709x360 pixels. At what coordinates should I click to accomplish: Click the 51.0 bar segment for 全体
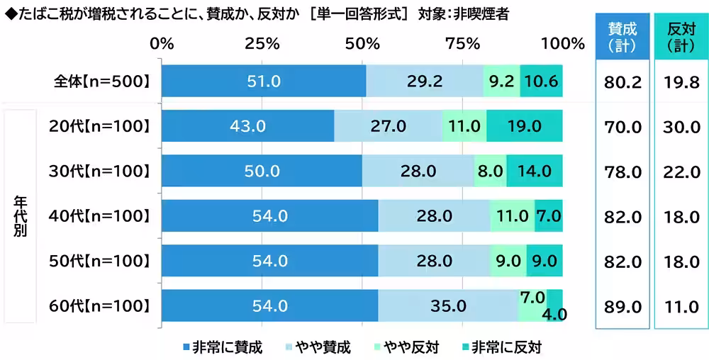point(264,81)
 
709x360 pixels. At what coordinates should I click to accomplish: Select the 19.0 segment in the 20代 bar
point(524,126)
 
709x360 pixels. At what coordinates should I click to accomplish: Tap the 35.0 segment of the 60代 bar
point(448,306)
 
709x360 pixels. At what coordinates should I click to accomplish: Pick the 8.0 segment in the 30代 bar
point(490,171)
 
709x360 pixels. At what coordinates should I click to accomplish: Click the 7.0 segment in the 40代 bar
point(548,216)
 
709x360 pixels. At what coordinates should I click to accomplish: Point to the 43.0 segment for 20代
point(247,126)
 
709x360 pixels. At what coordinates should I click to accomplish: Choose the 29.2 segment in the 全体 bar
point(425,81)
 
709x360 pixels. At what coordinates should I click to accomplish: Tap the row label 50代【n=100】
point(100,261)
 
